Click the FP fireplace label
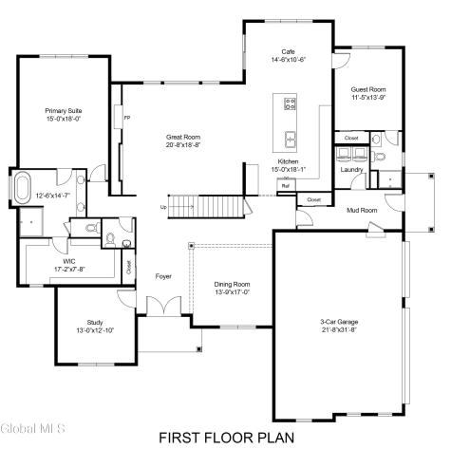tap(126, 118)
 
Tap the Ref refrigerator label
tap(285, 186)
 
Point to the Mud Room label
tap(362, 210)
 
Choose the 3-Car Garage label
tap(339, 323)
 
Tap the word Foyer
tap(163, 276)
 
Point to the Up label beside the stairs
tap(162, 207)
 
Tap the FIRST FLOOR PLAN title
tap(226, 437)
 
